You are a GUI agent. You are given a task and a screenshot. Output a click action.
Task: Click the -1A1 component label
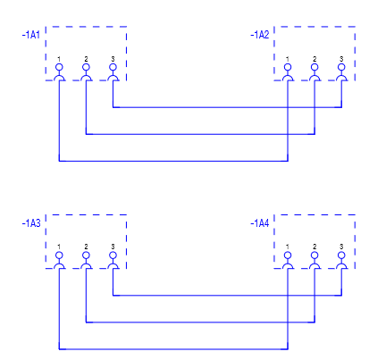tap(31, 35)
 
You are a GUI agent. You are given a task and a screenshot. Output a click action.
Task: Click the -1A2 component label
tap(260, 35)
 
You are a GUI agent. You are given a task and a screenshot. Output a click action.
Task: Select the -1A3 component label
tap(31, 223)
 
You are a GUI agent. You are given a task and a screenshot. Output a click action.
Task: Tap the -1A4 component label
tap(260, 223)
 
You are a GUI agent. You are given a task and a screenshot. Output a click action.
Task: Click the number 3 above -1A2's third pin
tap(341, 59)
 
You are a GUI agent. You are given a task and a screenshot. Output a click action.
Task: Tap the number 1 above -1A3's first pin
tap(59, 247)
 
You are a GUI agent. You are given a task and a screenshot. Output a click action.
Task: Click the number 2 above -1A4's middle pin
tap(315, 247)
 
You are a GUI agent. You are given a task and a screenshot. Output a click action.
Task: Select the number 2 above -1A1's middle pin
tap(86, 59)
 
